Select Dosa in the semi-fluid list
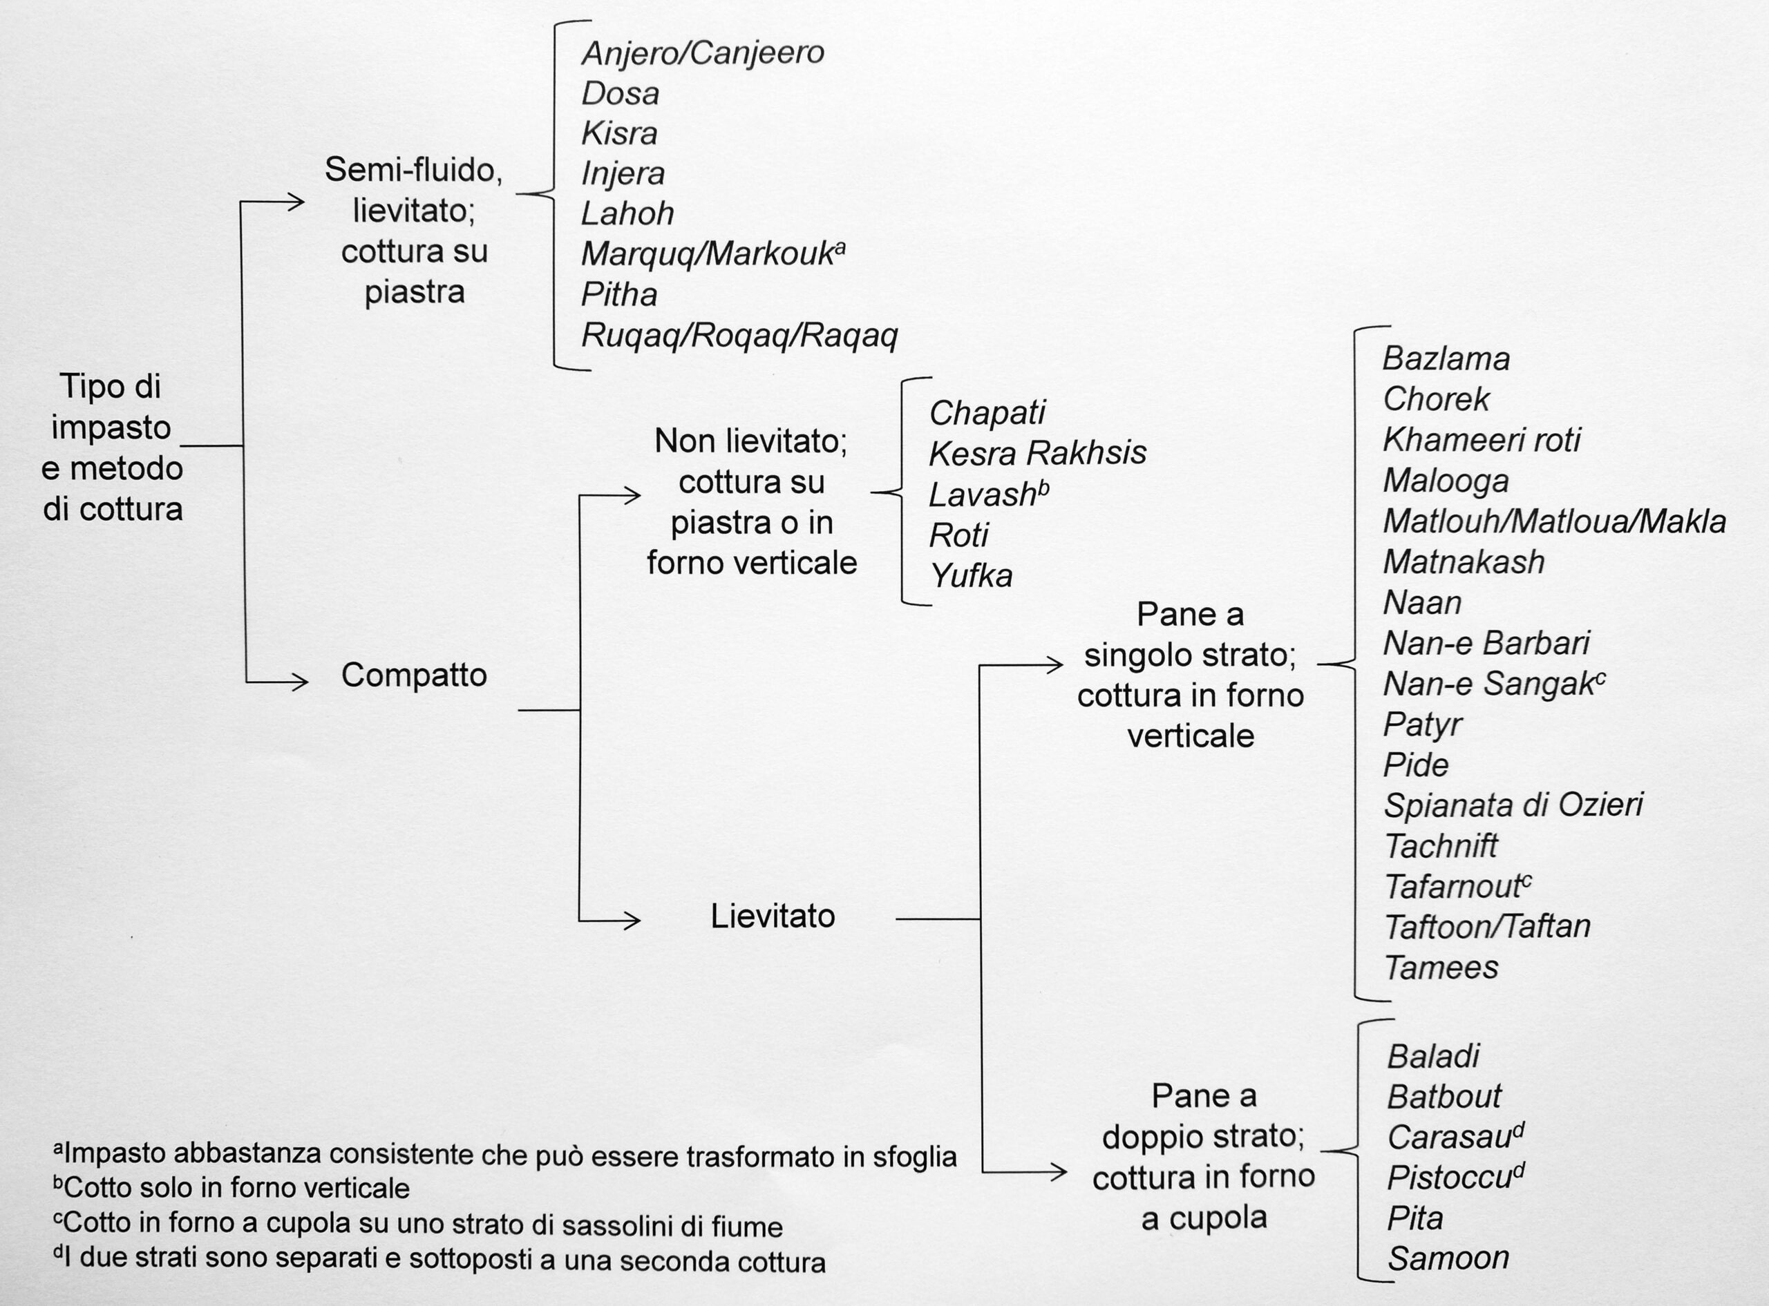coord(620,93)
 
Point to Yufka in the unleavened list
coord(971,575)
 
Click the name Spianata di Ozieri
coord(1513,805)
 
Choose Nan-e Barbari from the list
coord(1486,643)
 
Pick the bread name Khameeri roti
coord(1481,439)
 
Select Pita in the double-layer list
coord(1415,1218)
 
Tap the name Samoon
coord(1448,1258)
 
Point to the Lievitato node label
coord(773,916)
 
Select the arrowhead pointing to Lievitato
coord(631,920)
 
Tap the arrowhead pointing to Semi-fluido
coord(295,202)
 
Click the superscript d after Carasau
coord(1517,1131)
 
